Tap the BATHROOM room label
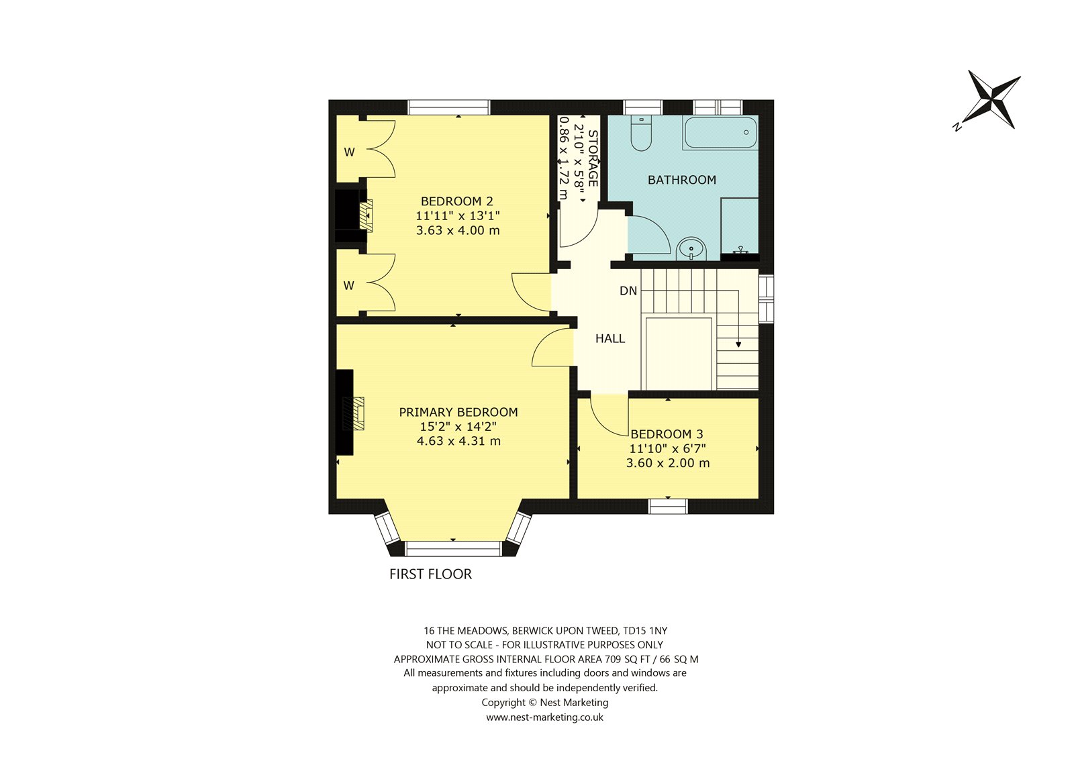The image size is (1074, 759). click(682, 180)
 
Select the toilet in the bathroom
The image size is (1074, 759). click(640, 134)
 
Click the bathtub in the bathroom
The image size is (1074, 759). click(720, 132)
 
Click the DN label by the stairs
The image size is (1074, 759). click(628, 291)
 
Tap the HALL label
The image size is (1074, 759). click(610, 338)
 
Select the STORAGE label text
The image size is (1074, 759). click(593, 158)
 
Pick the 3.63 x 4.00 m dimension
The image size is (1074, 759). click(458, 230)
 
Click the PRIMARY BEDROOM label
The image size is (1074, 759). click(458, 412)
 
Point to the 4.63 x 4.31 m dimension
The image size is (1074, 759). click(459, 441)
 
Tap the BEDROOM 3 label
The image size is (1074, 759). click(667, 434)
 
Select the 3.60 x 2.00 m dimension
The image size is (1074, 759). click(668, 462)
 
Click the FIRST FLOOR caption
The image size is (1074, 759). click(430, 574)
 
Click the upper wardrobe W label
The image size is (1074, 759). click(349, 152)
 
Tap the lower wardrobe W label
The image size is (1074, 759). click(348, 285)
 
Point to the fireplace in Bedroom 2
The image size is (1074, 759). click(366, 216)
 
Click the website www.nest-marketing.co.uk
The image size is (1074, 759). click(544, 717)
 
